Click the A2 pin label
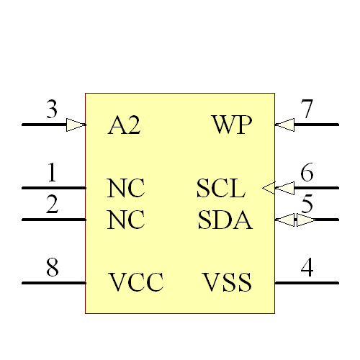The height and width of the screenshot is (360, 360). (124, 125)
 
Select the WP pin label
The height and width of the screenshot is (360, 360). (232, 125)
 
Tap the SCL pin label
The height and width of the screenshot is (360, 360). (221, 189)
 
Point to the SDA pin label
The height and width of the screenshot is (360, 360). (225, 220)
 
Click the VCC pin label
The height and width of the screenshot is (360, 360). (136, 282)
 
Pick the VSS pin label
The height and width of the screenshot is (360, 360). (227, 282)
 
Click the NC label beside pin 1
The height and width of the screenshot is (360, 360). (126, 189)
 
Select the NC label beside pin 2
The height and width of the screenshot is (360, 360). (126, 220)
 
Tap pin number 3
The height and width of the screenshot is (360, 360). (52, 110)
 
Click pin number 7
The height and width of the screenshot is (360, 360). (307, 110)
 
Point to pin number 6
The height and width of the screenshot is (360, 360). (307, 174)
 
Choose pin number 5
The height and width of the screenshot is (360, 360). (307, 204)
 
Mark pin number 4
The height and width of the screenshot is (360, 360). (307, 268)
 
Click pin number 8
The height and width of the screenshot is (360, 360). (52, 268)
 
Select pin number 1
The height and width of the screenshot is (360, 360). (52, 174)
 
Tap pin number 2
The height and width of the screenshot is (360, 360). (52, 204)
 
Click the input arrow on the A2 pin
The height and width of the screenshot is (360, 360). (76, 125)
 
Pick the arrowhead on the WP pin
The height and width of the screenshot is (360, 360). (284, 125)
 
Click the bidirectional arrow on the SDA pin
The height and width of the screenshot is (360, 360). (295, 220)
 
